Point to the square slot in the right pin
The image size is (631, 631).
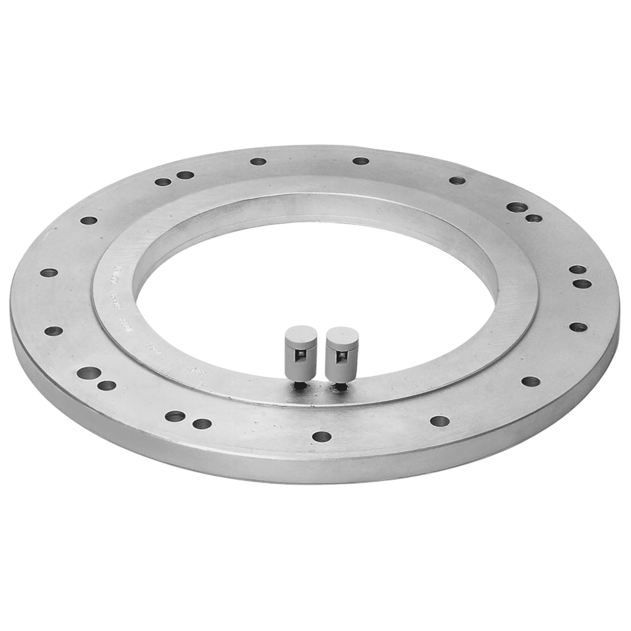341,359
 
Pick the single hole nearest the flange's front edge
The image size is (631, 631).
322,436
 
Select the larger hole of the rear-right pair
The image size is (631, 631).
517,207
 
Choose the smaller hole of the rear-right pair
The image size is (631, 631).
534,219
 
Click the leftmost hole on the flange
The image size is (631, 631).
49,273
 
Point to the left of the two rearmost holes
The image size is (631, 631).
257,162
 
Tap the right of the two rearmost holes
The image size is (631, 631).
360,161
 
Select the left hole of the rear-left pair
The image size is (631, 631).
162,182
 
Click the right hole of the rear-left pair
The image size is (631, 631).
184,175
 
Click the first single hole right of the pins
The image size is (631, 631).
439,420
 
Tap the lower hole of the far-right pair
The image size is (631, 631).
581,283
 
